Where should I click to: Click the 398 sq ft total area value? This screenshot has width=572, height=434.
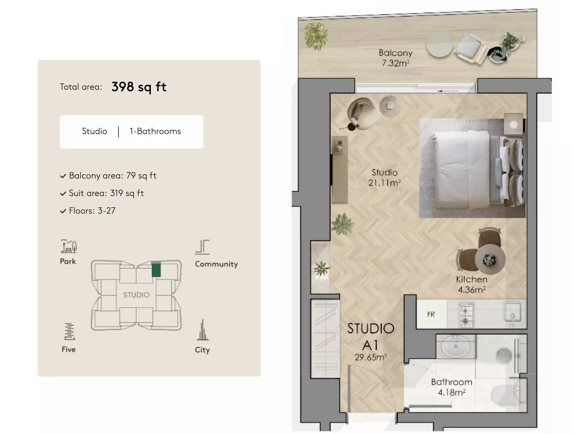[x=139, y=87]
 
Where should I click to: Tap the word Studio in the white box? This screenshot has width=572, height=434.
[x=94, y=131]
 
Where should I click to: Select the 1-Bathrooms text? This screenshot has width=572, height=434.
[x=155, y=131]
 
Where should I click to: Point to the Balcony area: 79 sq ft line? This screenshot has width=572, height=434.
[x=113, y=176]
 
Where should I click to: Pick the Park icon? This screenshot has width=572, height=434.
[x=69, y=246]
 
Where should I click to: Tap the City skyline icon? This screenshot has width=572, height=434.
[x=203, y=330]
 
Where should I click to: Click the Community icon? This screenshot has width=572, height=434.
[x=202, y=247]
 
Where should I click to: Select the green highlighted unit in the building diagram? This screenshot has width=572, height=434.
[x=156, y=269]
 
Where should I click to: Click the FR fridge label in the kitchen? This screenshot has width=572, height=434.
[x=431, y=314]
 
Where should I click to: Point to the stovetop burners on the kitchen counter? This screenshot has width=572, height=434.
[x=466, y=314]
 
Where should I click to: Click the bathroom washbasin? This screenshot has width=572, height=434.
[x=456, y=346]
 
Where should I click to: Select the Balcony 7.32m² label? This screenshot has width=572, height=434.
[x=396, y=58]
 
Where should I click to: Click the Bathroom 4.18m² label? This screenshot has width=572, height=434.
[x=452, y=387]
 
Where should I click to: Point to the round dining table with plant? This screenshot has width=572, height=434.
[x=490, y=259]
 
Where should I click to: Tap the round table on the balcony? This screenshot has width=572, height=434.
[x=439, y=45]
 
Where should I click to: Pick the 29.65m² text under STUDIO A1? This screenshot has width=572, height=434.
[x=371, y=357]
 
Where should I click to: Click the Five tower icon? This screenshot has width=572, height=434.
[x=69, y=331]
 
